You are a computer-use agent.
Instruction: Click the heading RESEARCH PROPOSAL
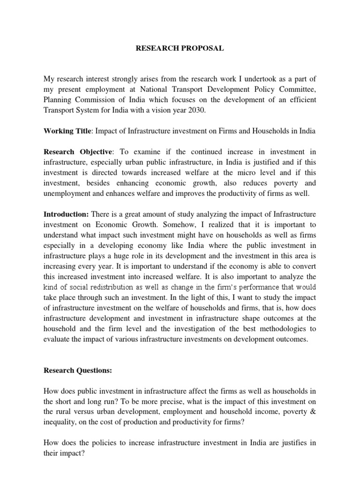point(180,48)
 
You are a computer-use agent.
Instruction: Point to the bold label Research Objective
point(78,152)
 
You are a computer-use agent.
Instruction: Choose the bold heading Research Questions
point(78,370)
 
